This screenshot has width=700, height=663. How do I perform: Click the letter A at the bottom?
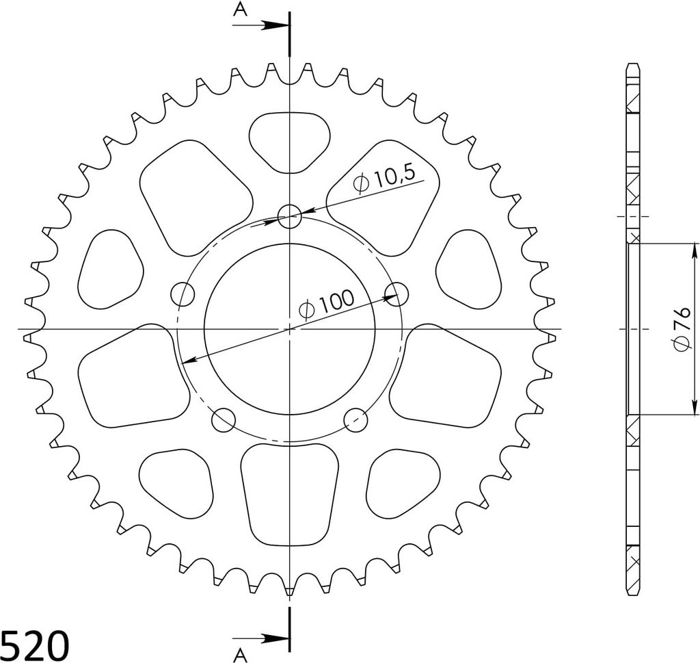pyautogui.click(x=240, y=655)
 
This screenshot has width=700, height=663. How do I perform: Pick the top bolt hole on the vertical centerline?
pyautogui.click(x=290, y=217)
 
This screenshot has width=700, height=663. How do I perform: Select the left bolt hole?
pyautogui.click(x=183, y=294)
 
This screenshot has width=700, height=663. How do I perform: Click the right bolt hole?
pyautogui.click(x=396, y=294)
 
